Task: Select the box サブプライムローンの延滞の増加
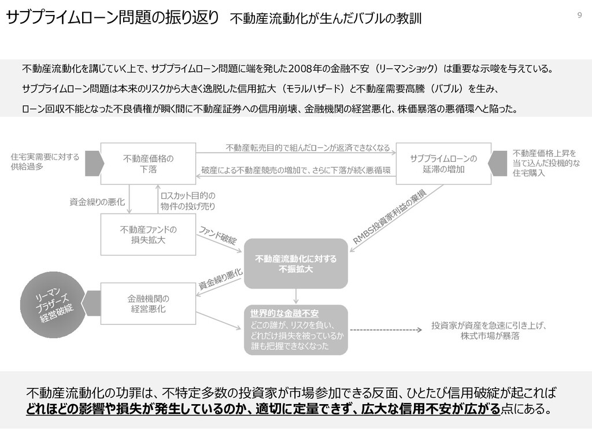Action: (x=443, y=164)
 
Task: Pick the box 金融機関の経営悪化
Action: (x=148, y=304)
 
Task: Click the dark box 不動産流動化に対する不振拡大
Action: (x=295, y=264)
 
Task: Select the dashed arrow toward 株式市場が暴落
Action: (x=384, y=330)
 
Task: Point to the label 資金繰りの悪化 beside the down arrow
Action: (x=97, y=202)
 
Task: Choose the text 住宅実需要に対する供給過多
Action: (x=45, y=161)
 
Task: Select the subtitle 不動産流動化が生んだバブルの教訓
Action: (x=326, y=18)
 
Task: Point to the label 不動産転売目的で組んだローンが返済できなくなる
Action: (x=308, y=148)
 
